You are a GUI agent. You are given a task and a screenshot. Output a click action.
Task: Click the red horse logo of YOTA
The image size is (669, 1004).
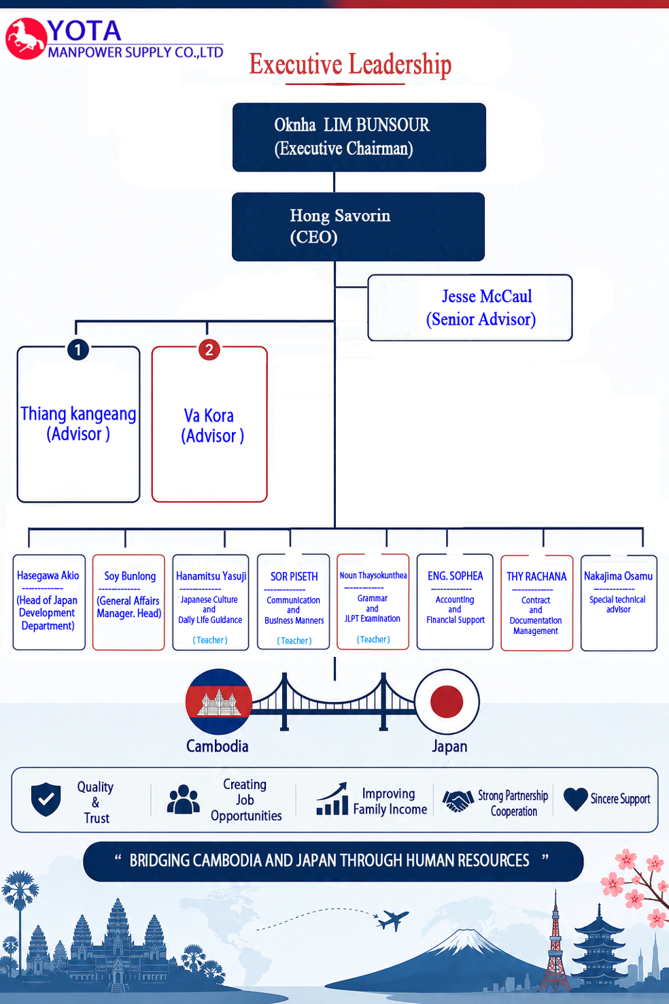pyautogui.click(x=26, y=39)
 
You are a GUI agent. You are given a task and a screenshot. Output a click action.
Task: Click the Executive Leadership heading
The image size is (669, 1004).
pyautogui.click(x=350, y=65)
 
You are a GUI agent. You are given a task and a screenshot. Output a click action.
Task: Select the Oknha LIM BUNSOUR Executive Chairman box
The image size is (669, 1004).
pyautogui.click(x=359, y=137)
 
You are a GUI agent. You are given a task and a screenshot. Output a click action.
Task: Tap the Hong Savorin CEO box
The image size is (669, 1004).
pyautogui.click(x=358, y=227)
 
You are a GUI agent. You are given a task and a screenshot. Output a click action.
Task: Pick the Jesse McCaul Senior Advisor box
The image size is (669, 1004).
pyautogui.click(x=470, y=307)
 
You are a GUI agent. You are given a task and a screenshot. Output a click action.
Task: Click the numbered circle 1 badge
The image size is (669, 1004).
pyautogui.click(x=78, y=350)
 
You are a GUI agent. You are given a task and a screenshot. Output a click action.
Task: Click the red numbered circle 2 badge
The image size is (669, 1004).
pyautogui.click(x=209, y=350)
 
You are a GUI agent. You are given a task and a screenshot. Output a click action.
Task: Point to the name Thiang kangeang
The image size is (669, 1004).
pyautogui.click(x=78, y=414)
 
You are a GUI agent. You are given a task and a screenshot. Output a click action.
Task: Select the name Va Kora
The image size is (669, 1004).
pyautogui.click(x=209, y=416)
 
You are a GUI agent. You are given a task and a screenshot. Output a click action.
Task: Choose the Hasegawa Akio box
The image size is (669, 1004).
pyautogui.click(x=49, y=602)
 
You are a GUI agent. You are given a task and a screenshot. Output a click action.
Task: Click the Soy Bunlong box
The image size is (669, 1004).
pyautogui.click(x=128, y=602)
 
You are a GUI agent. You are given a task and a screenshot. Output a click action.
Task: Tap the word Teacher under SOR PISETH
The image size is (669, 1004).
pyautogui.click(x=294, y=641)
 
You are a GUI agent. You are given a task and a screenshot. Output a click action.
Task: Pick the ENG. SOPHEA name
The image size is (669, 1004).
pyautogui.click(x=456, y=576)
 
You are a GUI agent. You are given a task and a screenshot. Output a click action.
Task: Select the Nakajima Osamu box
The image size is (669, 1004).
pyautogui.click(x=619, y=603)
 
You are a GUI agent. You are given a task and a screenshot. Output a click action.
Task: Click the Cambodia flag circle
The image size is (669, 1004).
pyautogui.click(x=219, y=701)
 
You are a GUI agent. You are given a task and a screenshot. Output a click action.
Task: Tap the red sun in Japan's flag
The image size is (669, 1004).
pyautogui.click(x=446, y=701)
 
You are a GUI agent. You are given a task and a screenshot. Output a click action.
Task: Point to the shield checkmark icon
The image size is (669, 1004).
pyautogui.click(x=46, y=799)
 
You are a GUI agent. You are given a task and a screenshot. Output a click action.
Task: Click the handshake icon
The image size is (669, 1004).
pyautogui.click(x=458, y=801)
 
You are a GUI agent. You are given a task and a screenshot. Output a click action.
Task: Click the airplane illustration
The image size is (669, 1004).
pyautogui.click(x=392, y=920)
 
